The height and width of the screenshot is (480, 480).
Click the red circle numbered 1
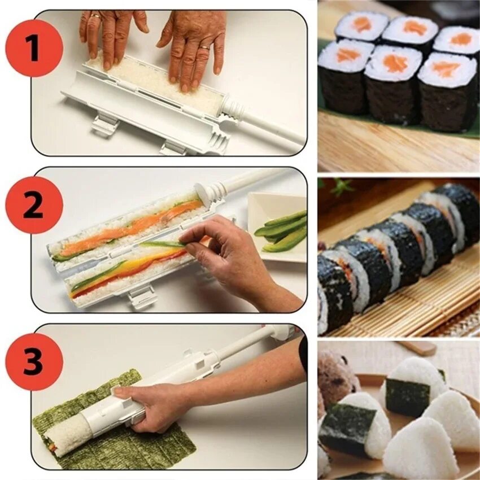(x=34, y=49)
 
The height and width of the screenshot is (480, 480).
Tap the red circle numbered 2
(x=34, y=205)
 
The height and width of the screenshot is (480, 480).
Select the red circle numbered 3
(x=34, y=362)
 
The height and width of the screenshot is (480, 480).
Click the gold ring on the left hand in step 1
(x=96, y=16)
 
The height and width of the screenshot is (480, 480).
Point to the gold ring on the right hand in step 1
(x=205, y=48)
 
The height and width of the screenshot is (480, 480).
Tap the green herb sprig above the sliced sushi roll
(x=341, y=187)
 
